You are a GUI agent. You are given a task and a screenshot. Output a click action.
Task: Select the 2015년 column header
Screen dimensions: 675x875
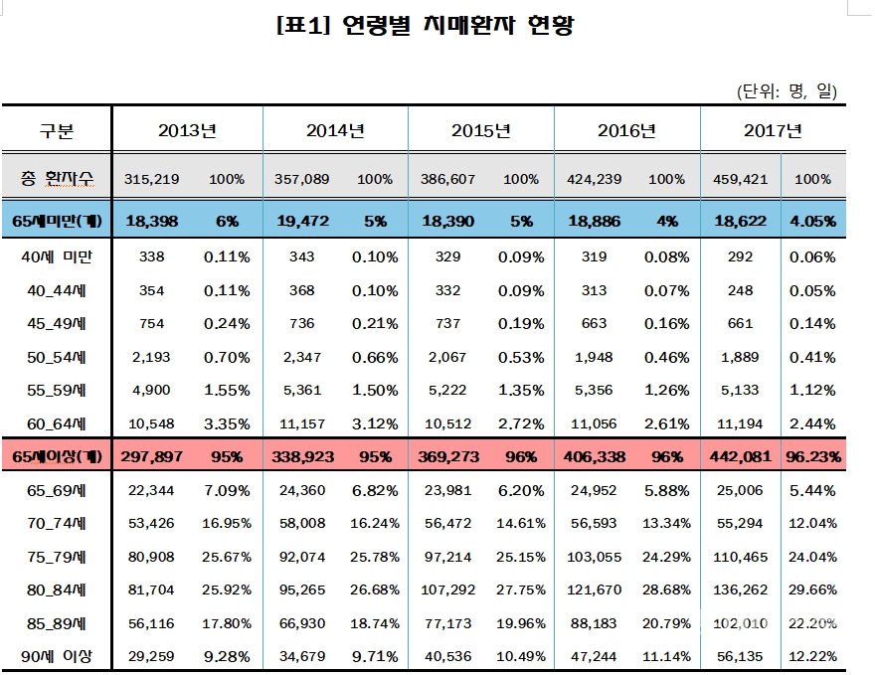click(x=481, y=130)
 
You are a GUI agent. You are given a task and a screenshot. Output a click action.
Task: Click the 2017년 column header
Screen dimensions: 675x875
click(x=773, y=130)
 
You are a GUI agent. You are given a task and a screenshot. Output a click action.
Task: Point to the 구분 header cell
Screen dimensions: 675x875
click(x=57, y=130)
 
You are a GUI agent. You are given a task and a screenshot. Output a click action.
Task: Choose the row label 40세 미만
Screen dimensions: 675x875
click(x=57, y=256)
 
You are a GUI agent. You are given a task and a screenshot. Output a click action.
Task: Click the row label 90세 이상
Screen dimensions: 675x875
click(x=57, y=656)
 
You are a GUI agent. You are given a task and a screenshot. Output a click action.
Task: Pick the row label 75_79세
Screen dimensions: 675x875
click(x=57, y=556)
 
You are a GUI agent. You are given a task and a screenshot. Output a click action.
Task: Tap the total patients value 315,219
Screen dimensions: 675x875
click(x=152, y=179)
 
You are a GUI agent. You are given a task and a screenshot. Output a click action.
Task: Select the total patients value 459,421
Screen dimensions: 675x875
click(x=739, y=179)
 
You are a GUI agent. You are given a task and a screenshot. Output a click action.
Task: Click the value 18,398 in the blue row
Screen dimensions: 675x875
click(x=152, y=221)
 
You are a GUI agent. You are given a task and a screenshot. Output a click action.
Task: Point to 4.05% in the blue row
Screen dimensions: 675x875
click(x=813, y=221)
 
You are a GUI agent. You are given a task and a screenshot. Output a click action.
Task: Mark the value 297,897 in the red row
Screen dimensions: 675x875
click(x=152, y=456)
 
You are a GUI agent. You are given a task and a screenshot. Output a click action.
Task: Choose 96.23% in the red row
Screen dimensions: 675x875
click(x=813, y=456)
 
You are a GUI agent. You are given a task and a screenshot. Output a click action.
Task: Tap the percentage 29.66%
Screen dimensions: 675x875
click(x=813, y=590)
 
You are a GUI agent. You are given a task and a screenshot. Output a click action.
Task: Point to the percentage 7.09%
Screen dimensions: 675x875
click(x=227, y=489)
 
